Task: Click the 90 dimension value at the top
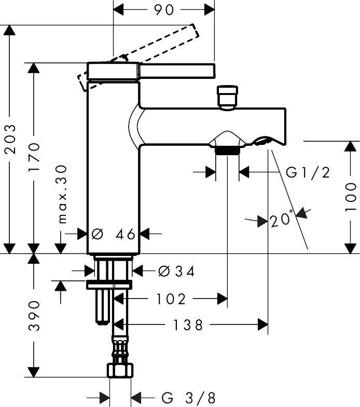(x=164, y=10)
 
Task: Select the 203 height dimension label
(x=10, y=139)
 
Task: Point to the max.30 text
(x=62, y=194)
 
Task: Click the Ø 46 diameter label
(x=113, y=235)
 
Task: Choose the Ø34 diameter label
(x=176, y=272)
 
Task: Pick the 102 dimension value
(x=171, y=299)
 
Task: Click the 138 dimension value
(x=188, y=325)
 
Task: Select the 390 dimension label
(x=34, y=316)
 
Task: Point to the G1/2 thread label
(x=308, y=172)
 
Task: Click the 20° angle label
(x=281, y=220)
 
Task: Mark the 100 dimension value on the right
(x=351, y=197)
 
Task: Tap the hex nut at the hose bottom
(x=120, y=371)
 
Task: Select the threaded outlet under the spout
(x=227, y=151)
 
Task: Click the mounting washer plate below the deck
(x=109, y=284)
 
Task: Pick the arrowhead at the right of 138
(x=263, y=324)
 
